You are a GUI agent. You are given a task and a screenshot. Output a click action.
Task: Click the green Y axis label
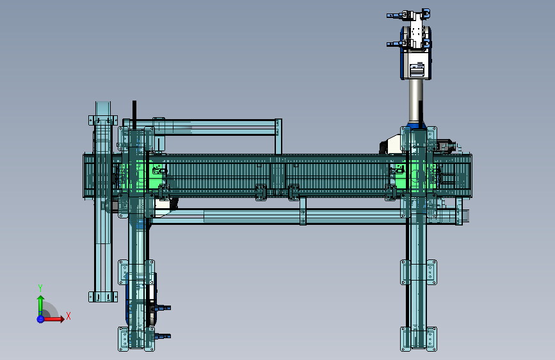(40, 288)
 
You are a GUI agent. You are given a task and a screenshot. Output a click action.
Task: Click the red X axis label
(68, 316)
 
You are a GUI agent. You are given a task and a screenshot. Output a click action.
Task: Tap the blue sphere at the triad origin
(40, 319)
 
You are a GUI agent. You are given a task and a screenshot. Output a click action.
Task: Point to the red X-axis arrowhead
(62, 319)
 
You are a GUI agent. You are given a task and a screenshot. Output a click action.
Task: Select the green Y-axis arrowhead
(40, 299)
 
